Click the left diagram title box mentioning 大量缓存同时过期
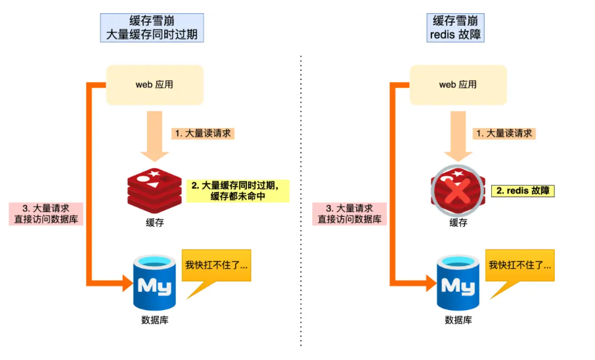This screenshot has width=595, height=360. tap(152, 28)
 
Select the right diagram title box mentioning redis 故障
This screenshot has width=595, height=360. tap(455, 28)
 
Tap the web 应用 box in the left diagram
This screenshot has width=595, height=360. tap(154, 84)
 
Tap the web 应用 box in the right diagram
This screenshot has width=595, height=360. tap(458, 84)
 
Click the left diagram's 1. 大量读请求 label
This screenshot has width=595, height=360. tap(203, 133)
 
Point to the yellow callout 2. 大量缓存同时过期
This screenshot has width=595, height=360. tap(238, 191)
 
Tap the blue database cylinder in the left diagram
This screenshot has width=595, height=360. tap(154, 283)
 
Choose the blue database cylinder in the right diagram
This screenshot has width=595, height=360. tap(458, 283)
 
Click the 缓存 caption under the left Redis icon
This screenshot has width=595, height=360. tap(154, 223)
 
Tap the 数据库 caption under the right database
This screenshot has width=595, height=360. tap(458, 320)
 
